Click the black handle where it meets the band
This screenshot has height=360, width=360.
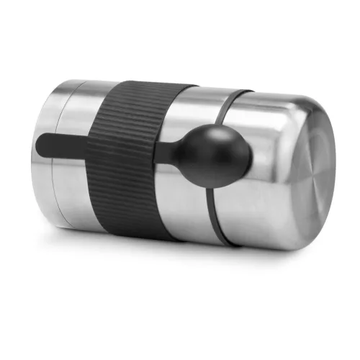point(89,144)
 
